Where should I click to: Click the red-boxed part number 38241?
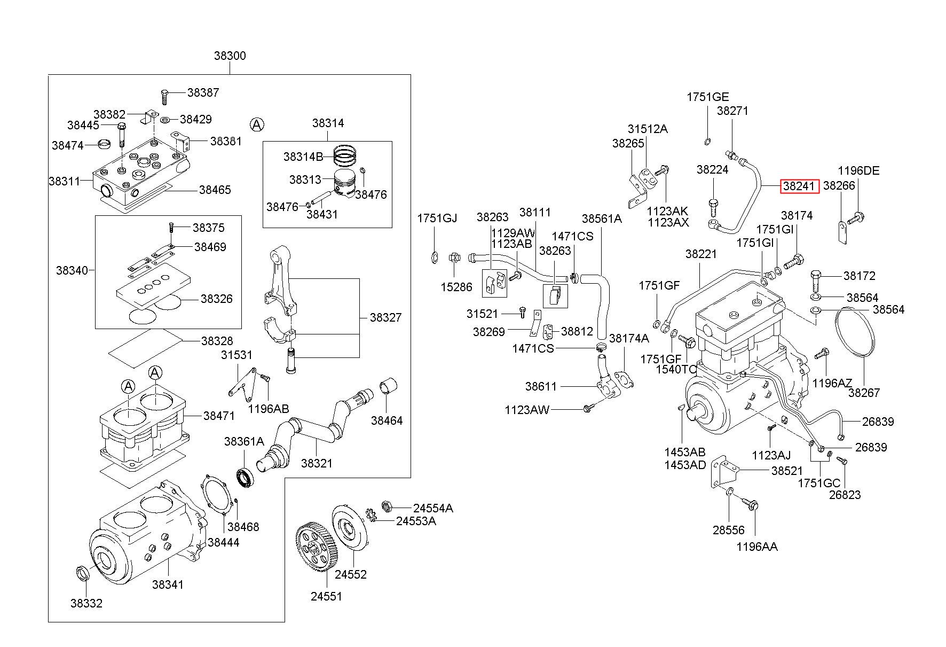[x=799, y=186]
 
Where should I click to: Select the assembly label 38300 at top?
[x=230, y=56]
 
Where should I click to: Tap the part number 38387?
[x=203, y=92]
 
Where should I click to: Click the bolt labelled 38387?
[x=164, y=97]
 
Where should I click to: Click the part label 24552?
[x=351, y=574]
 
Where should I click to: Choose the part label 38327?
[x=385, y=317]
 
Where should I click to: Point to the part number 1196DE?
[x=858, y=171]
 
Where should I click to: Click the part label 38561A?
[x=602, y=219]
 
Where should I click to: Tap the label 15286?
[x=456, y=287]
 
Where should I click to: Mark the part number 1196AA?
[x=757, y=547]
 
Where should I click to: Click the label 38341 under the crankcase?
[x=168, y=584]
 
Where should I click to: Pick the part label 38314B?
[x=303, y=157]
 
